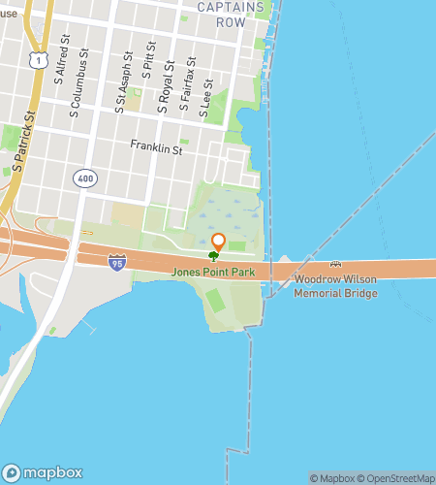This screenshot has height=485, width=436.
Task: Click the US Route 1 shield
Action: point(36,60)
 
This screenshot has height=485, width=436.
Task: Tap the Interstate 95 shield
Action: point(117,262)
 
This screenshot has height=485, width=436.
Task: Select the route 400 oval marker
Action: point(83,179)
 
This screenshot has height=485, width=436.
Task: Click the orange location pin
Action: point(218,242)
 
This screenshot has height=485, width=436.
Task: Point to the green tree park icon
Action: point(213,256)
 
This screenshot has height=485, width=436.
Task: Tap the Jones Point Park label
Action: point(214,273)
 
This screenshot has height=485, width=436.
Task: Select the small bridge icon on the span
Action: point(334,264)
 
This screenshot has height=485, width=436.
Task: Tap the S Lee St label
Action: point(205,98)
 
